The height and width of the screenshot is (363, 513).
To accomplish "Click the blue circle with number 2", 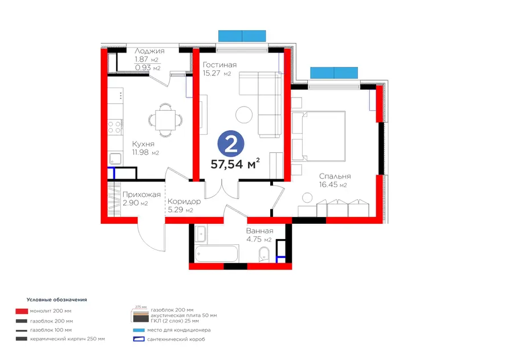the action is [231, 143].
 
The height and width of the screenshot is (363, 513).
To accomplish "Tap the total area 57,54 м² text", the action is [235, 163].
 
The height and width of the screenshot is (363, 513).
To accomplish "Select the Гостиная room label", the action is [219, 64].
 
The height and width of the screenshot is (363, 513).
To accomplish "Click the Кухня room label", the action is [143, 144].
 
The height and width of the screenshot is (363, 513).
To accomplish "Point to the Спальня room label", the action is [335, 176].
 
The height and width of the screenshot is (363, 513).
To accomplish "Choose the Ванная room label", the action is [259, 231].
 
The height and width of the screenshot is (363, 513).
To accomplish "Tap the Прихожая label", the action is [141, 195].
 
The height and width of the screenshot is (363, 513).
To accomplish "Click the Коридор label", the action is [184, 201].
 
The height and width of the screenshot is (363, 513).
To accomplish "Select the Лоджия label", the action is [149, 51].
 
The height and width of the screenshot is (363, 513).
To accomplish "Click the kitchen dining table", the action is [165, 120].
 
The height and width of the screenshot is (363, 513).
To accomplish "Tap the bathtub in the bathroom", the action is [216, 253].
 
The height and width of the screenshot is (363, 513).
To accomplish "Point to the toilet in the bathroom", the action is [264, 255].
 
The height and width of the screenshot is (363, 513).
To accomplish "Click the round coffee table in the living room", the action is [244, 115].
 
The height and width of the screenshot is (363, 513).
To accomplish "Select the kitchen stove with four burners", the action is [115, 127].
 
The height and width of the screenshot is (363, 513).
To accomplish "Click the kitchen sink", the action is [116, 159].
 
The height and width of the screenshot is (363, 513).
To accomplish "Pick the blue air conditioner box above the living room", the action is [242, 36].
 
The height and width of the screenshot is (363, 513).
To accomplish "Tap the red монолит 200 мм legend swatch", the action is [22, 311].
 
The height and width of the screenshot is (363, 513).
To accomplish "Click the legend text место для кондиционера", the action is [179, 330].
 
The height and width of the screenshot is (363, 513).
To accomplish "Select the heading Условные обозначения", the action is [56, 300].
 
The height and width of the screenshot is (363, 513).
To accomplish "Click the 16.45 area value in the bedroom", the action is [328, 185].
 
